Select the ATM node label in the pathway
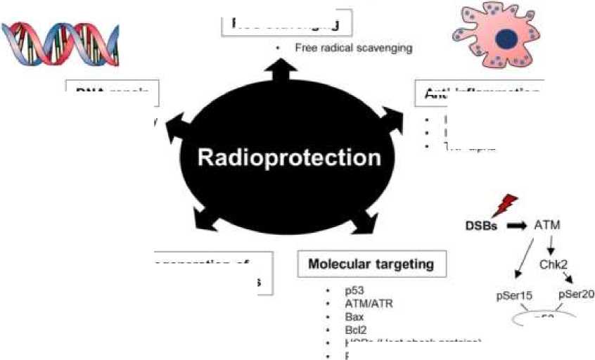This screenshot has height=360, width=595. point(548,226)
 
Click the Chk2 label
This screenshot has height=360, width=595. point(553,264)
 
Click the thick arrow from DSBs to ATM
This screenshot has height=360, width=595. point(517,226)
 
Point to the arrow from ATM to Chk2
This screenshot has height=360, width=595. point(551,245)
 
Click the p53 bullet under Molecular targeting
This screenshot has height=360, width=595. point(353,290)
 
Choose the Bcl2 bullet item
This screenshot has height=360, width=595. point(355,330)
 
